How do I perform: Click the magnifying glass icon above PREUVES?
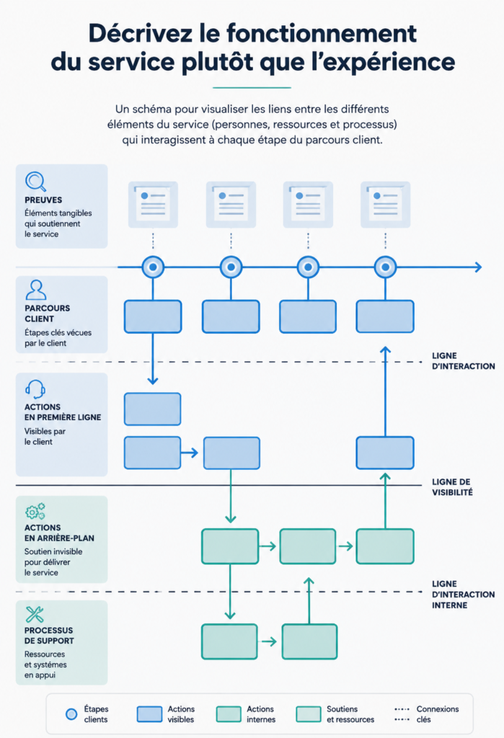point(35,181)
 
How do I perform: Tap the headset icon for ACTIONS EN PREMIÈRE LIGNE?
point(35,389)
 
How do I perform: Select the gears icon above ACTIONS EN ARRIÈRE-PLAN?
point(35,511)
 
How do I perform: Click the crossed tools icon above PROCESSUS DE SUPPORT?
point(35,614)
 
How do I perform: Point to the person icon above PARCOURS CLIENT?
point(36,290)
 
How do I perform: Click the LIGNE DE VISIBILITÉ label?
point(452,486)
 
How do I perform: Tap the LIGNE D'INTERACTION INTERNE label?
point(463,594)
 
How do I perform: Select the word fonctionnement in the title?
point(322,33)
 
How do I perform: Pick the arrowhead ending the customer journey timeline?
point(479,267)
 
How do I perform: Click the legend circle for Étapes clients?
point(71,714)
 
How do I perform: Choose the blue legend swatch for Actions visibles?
point(149,713)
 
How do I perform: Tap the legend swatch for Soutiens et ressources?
point(309,713)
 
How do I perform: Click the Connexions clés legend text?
point(438,714)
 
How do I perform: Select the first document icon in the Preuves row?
point(153,205)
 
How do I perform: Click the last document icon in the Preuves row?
point(385,205)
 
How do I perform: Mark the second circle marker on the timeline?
point(231,267)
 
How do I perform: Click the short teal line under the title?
point(252,87)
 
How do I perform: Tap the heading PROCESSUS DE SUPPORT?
point(49,636)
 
